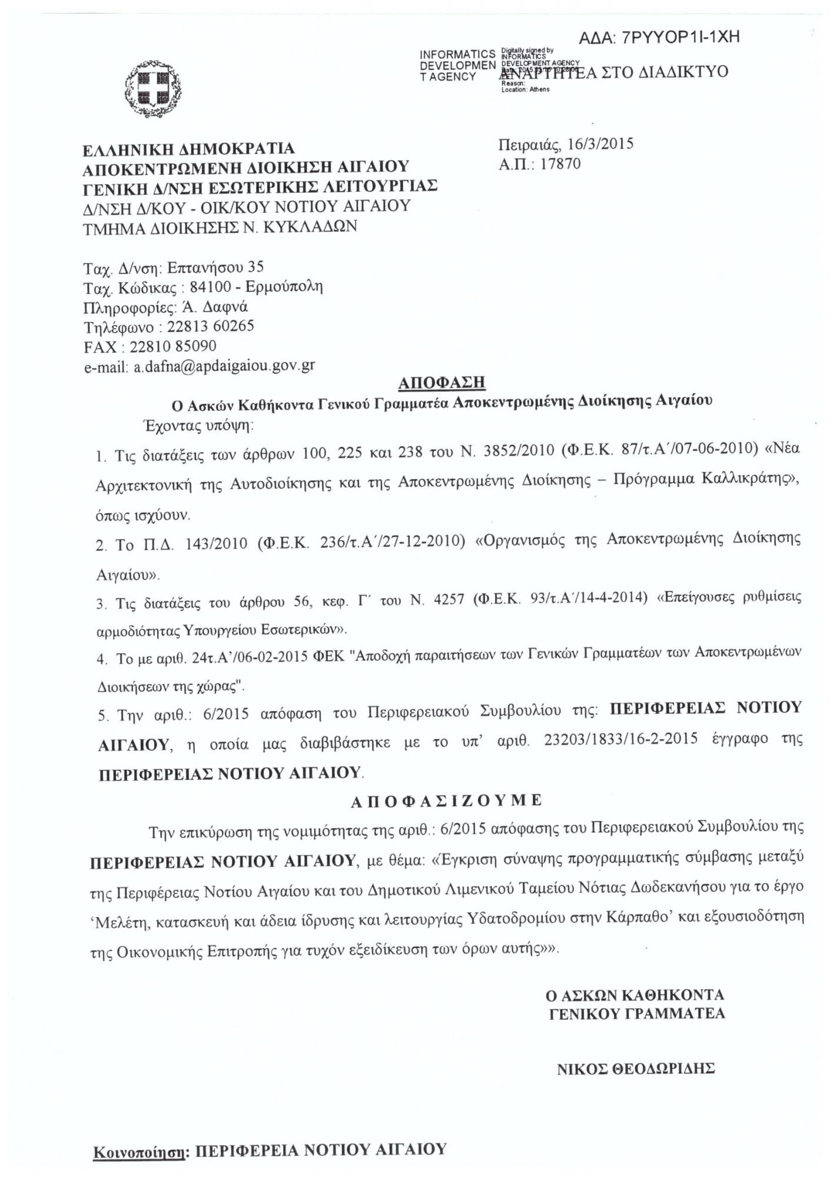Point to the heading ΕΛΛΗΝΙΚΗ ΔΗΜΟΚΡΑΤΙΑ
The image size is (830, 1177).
tap(188, 149)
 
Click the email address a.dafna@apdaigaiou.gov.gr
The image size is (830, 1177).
tap(224, 366)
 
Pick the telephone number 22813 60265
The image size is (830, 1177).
tap(211, 326)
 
